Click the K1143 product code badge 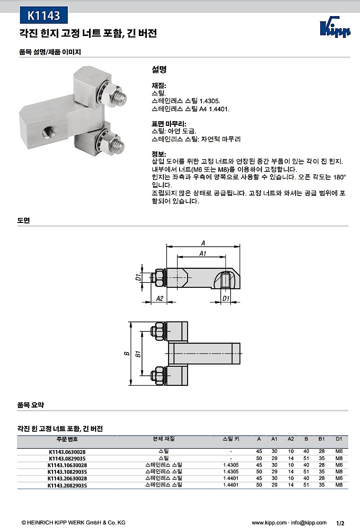tap(44, 16)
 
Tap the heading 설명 tap(159, 69)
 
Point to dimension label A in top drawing tap(203, 242)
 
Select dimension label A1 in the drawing tap(203, 254)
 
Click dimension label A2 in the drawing tap(159, 298)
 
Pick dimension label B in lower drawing tap(127, 353)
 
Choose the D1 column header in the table tap(339, 439)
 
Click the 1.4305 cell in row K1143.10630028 tap(230, 465)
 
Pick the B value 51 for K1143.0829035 tap(306, 459)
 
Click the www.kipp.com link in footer tap(269, 523)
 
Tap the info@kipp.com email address tap(309, 523)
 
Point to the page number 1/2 tap(340, 523)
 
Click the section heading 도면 tap(24, 221)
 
